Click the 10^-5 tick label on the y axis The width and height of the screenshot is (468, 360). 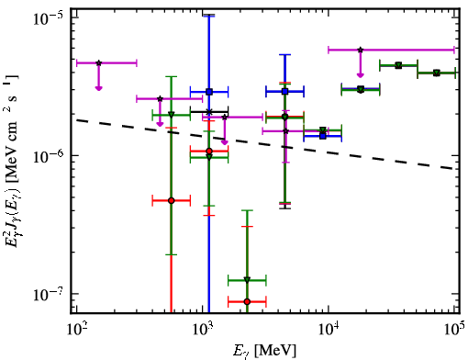(x=49, y=18)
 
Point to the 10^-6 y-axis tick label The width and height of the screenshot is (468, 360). (x=49, y=156)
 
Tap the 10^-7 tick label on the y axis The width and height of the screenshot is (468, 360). (x=49, y=295)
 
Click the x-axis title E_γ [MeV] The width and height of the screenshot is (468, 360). (x=264, y=351)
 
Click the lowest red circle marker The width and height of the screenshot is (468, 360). (x=247, y=302)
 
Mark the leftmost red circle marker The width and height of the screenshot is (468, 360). (x=172, y=200)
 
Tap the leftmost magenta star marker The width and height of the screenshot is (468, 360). (x=98, y=63)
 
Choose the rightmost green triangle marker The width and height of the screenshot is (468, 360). (x=437, y=73)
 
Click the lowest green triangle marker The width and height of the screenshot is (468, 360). (x=247, y=280)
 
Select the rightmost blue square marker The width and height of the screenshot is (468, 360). (x=323, y=136)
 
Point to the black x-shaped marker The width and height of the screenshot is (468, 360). (x=209, y=112)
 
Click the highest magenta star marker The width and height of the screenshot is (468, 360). (x=361, y=50)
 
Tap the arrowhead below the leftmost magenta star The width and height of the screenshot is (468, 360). (x=98, y=88)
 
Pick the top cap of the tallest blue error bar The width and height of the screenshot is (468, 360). (x=209, y=15)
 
